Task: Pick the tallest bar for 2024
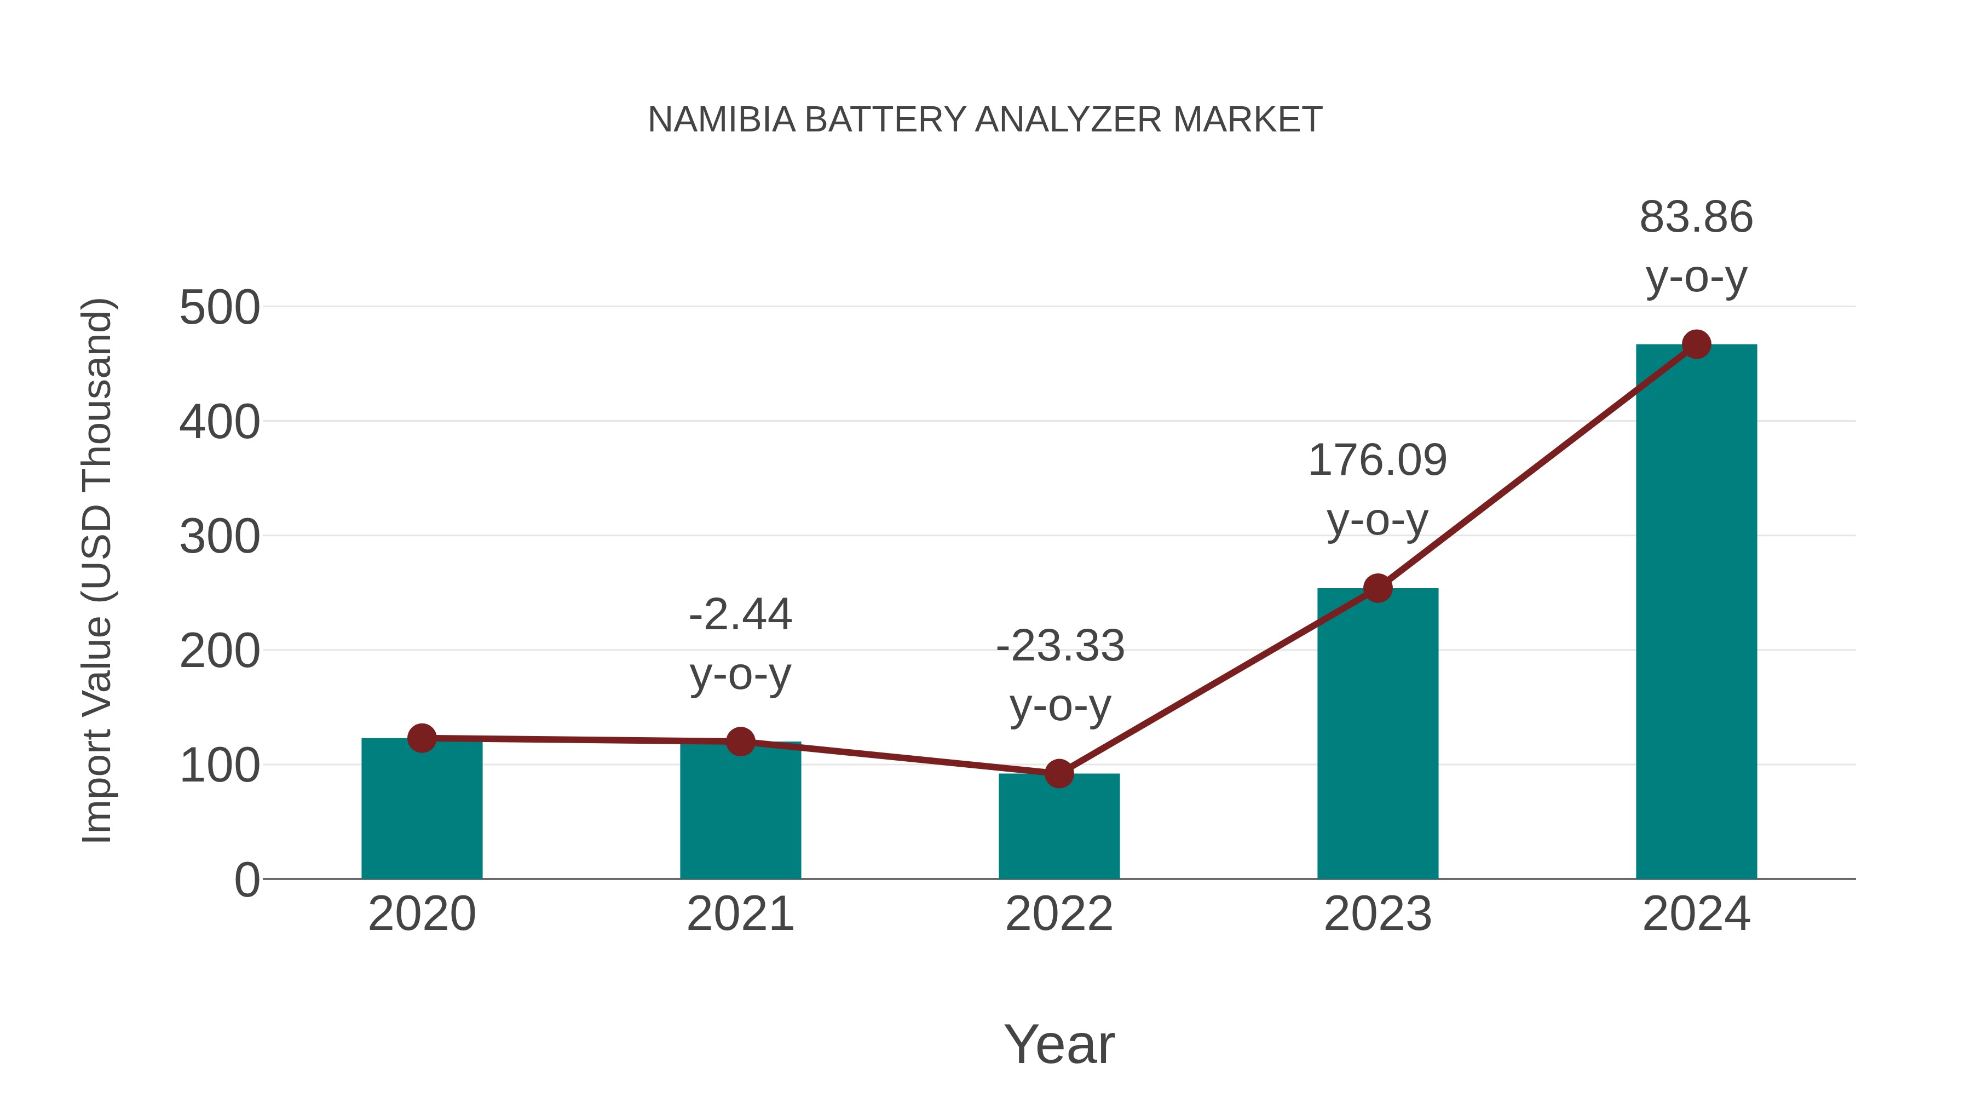coord(1696,612)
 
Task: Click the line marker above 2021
coord(740,741)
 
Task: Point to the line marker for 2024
coord(1696,344)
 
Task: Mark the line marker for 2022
coord(1059,774)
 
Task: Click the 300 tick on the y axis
coord(220,537)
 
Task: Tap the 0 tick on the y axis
coord(247,880)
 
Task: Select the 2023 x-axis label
coord(1378,914)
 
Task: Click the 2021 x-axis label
coord(740,914)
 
